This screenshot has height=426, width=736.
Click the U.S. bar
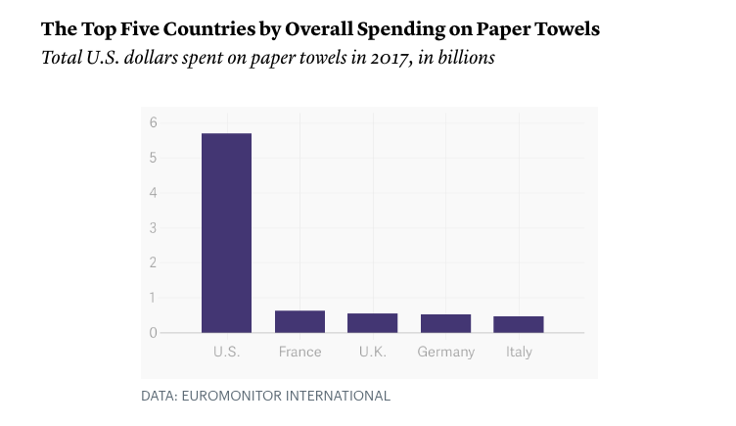pos(226,233)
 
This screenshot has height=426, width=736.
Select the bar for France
pos(299,321)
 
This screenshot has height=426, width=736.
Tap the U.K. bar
pos(372,322)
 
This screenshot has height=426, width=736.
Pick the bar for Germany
pos(445,323)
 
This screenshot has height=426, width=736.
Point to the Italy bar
pos(518,324)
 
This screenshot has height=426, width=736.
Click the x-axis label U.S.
pos(226,352)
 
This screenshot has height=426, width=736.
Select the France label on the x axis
pos(299,352)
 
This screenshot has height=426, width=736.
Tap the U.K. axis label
pos(372,352)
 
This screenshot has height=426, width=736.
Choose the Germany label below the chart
pos(445,352)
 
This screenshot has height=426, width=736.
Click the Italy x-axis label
pos(519,352)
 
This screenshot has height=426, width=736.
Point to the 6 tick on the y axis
pos(154,122)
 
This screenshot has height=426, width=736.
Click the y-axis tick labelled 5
pos(154,158)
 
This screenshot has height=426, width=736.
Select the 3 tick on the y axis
pos(154,228)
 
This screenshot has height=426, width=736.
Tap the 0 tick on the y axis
pos(154,333)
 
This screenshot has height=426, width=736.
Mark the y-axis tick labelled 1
pos(154,298)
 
